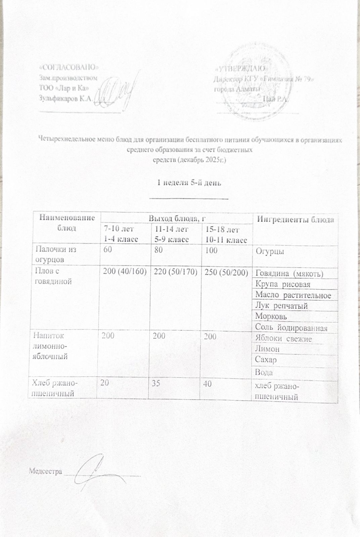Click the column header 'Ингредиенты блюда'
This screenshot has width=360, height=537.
click(295, 219)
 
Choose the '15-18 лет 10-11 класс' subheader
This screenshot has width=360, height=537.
click(226, 235)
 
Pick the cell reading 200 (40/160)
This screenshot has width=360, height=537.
click(125, 273)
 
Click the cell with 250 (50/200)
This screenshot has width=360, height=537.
click(226, 273)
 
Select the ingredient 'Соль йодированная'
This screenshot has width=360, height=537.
click(291, 327)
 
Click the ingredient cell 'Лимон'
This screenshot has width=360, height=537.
click(268, 349)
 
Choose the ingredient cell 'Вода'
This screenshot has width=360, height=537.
click(264, 372)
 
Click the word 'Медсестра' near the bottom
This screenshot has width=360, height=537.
click(45, 472)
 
